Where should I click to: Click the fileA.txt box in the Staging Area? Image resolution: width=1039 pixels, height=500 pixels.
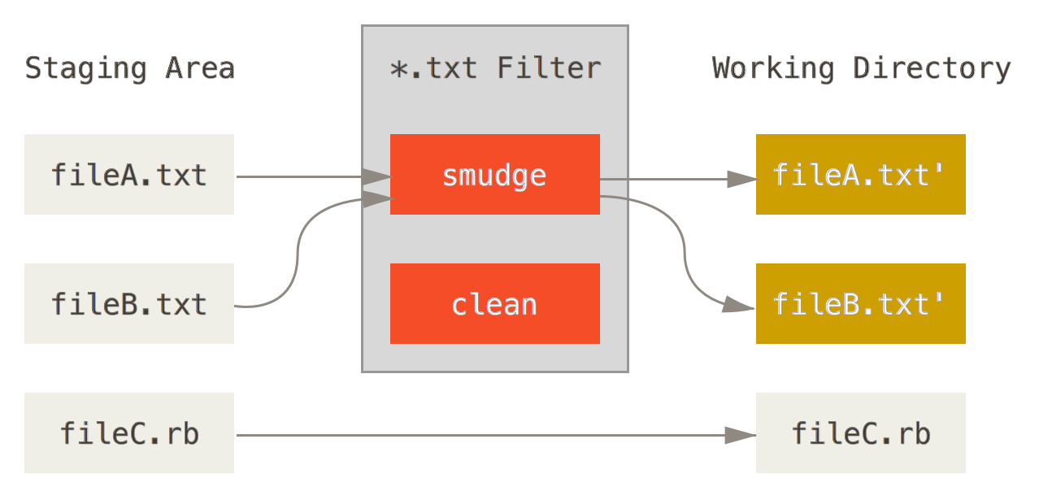pos(128,175)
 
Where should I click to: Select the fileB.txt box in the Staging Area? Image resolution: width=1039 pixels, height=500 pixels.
pos(128,303)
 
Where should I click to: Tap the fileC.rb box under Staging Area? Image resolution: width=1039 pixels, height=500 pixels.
pos(128,433)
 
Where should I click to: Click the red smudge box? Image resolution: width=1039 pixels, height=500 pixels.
pos(494,175)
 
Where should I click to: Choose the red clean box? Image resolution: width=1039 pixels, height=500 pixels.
pos(494,303)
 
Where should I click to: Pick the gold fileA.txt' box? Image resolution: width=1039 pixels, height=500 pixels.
pos(860,175)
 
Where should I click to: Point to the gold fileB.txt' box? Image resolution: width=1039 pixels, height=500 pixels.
pos(860,303)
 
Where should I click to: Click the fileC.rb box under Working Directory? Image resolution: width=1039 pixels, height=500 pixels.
pos(860,433)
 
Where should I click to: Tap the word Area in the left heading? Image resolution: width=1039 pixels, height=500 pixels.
pos(200,68)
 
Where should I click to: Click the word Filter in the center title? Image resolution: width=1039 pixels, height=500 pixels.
pos(549,68)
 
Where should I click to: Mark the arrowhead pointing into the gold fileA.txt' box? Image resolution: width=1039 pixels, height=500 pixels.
pos(741,180)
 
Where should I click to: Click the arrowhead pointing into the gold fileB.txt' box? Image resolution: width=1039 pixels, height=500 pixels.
pos(739,306)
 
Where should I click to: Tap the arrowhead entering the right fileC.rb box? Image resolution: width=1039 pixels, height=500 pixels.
pos(739,436)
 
